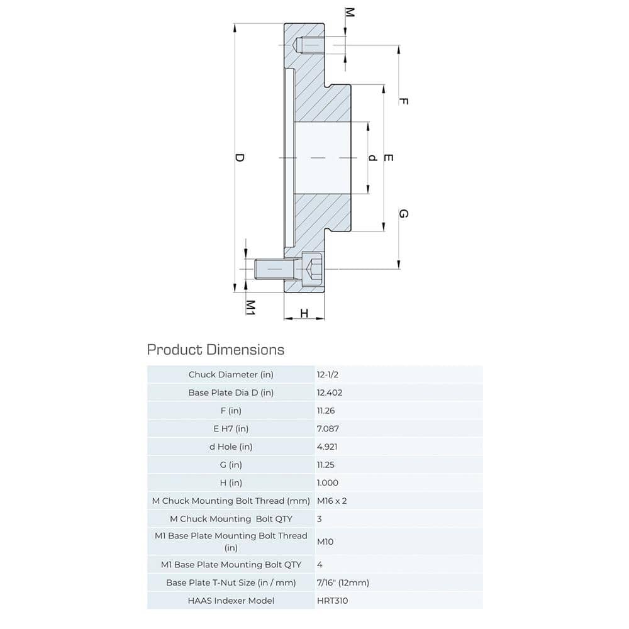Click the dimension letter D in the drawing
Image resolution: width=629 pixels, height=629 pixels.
(x=239, y=157)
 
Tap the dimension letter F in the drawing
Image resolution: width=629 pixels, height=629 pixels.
(x=404, y=101)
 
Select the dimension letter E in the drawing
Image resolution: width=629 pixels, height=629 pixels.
(x=388, y=157)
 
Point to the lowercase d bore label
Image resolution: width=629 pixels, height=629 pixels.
(x=372, y=157)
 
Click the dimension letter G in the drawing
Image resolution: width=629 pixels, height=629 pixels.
(x=404, y=214)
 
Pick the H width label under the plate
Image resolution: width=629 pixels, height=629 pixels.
(x=304, y=313)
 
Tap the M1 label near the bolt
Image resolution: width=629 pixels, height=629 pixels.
(x=250, y=307)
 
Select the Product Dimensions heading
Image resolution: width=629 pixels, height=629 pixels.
(x=215, y=350)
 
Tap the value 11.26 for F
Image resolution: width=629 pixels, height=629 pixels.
(x=327, y=411)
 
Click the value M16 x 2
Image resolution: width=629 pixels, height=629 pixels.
(x=331, y=501)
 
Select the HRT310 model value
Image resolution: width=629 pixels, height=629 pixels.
(x=332, y=601)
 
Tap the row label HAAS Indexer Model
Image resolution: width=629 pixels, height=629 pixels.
(x=231, y=601)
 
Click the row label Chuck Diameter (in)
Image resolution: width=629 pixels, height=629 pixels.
(x=231, y=374)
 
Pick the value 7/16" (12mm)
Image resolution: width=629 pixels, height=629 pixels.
(x=343, y=582)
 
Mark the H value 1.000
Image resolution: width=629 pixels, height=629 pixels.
(x=327, y=483)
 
